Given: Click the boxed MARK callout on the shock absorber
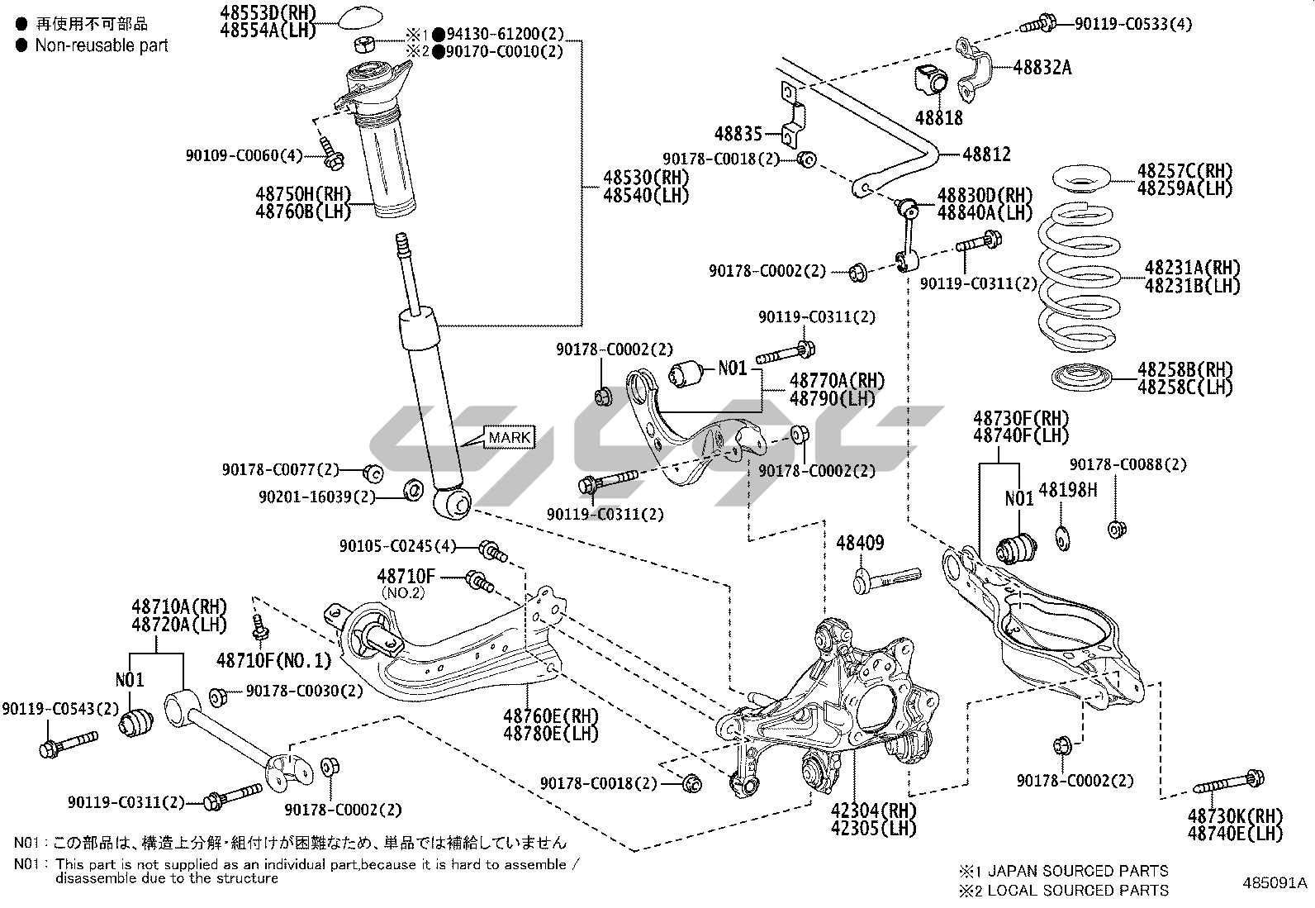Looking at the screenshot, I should (510, 437).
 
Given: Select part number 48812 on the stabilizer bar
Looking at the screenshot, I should (986, 155).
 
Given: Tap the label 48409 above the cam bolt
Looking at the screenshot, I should (860, 543).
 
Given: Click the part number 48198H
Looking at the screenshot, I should (1068, 490).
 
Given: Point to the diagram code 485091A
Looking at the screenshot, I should (1275, 882).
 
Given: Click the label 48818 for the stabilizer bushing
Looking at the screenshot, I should (938, 117).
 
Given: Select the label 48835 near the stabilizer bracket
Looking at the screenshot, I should (738, 133).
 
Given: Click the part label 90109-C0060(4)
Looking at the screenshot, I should (244, 155).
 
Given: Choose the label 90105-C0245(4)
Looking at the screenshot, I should (397, 546).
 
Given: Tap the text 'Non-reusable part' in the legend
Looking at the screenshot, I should (101, 45).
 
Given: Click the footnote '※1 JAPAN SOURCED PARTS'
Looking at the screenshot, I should (1063, 871).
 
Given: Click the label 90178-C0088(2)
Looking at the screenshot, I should (1127, 465).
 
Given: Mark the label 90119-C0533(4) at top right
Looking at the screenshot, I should (1133, 24).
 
